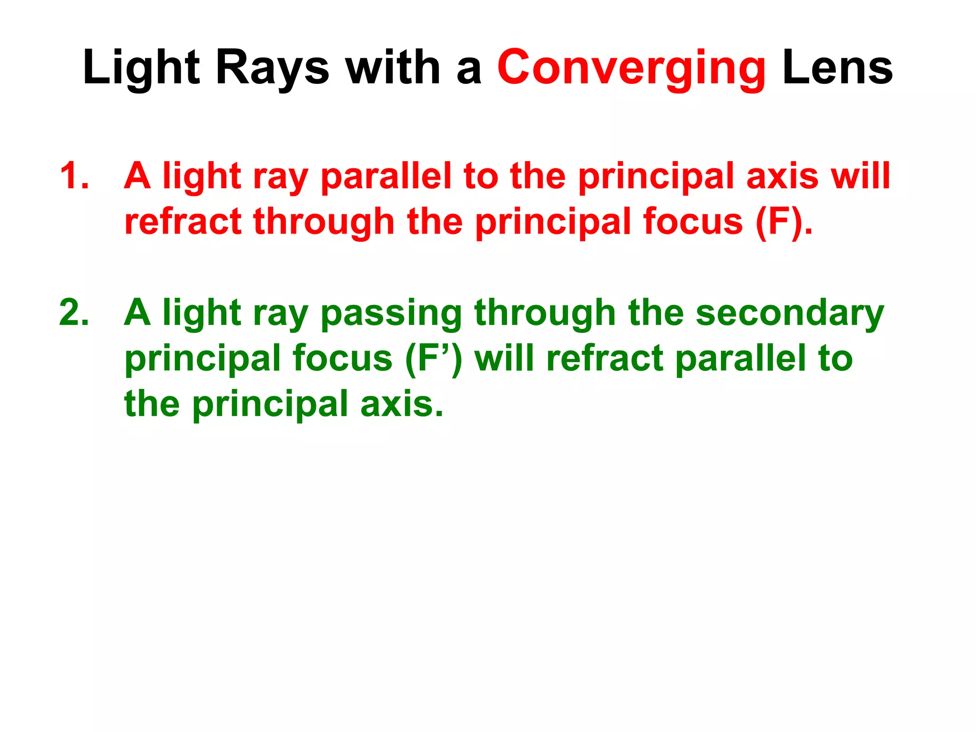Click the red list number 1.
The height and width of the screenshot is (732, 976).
pyautogui.click(x=74, y=176)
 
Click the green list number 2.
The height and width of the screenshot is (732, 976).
pyautogui.click(x=74, y=313)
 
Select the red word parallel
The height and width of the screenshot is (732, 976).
pyautogui.click(x=386, y=177)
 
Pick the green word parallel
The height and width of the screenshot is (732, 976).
pyautogui.click(x=741, y=359)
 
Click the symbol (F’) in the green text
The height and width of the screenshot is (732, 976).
pyautogui.click(x=433, y=359)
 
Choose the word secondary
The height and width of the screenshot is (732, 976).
pyautogui.click(x=790, y=313)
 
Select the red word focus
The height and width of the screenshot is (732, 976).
pyautogui.click(x=692, y=222)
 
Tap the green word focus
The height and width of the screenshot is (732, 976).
pyautogui.click(x=342, y=359)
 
